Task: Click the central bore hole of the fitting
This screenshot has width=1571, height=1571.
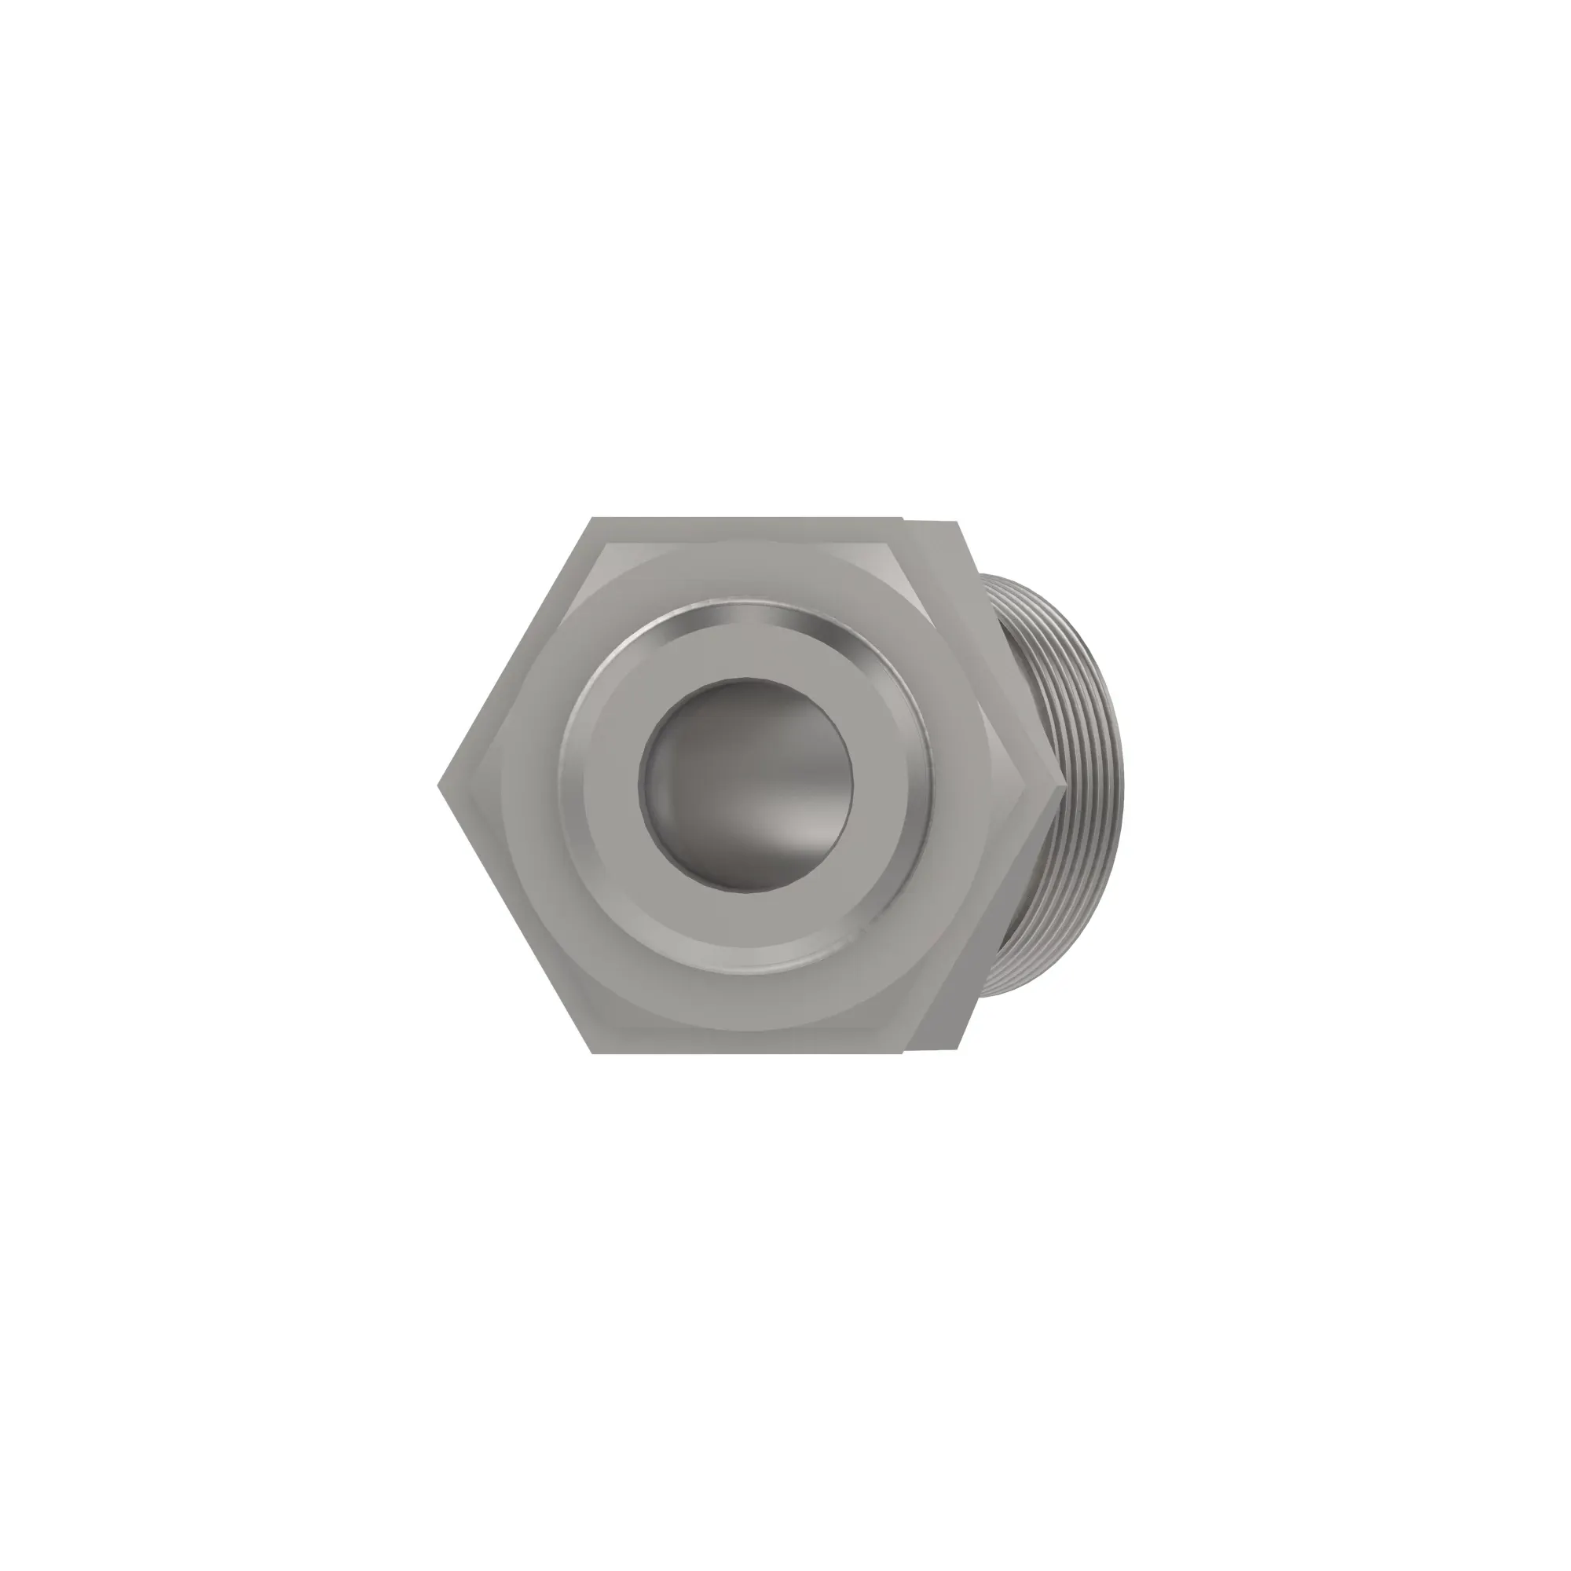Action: (x=745, y=785)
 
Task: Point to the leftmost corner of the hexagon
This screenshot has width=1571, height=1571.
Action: (x=439, y=785)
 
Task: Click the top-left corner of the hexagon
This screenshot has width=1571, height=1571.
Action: (x=592, y=518)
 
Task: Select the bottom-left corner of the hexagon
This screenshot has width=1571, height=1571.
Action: (x=592, y=1054)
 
